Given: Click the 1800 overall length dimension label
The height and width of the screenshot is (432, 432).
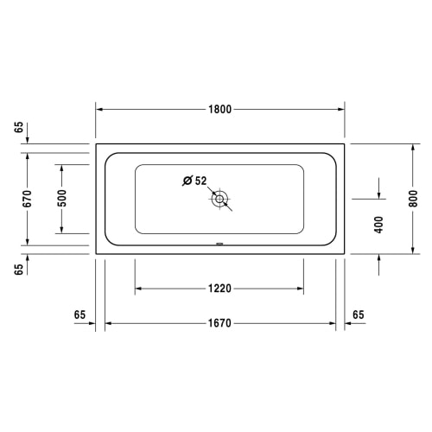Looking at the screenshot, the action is [x=219, y=110].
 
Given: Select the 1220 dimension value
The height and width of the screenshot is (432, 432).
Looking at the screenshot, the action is [x=219, y=289].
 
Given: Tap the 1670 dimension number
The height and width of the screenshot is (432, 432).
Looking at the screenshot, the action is [x=219, y=323].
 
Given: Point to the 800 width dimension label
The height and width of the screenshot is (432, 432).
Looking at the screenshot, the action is [x=413, y=199].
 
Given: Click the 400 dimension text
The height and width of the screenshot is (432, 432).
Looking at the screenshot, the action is [x=378, y=225].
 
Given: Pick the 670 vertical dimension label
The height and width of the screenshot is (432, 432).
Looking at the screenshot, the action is [x=28, y=199].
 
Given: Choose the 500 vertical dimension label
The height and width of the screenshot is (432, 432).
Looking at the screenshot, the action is [x=61, y=199].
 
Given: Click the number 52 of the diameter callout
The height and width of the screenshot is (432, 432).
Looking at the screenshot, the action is [x=201, y=181].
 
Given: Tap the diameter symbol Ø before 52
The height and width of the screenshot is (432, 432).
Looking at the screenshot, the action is [x=187, y=181].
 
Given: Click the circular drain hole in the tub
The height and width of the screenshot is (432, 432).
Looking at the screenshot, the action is [x=219, y=199].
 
